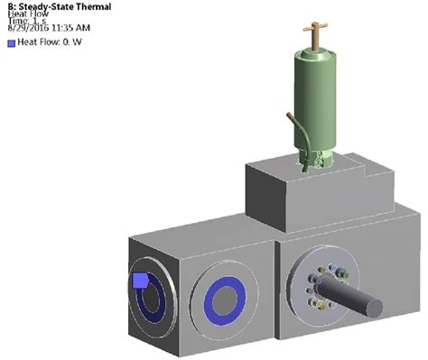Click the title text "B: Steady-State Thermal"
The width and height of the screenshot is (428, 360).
[x=60, y=6]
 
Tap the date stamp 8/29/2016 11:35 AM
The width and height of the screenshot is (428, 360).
[x=49, y=28]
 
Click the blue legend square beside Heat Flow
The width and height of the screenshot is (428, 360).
[x=12, y=43]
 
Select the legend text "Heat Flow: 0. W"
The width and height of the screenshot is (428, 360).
[x=50, y=42]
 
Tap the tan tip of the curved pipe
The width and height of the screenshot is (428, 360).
[x=290, y=115]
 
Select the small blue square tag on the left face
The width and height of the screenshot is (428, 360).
[x=140, y=281]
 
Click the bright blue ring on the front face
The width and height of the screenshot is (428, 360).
[x=209, y=301]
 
